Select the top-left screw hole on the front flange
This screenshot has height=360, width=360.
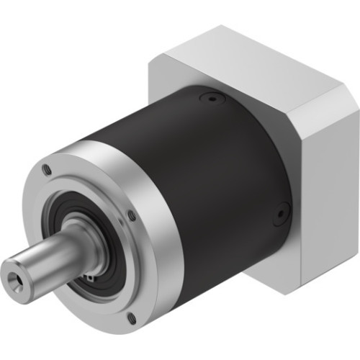tap(48, 170)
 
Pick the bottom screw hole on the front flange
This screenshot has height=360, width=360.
tap(131, 317)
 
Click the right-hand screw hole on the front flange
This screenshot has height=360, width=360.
tap(131, 214)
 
